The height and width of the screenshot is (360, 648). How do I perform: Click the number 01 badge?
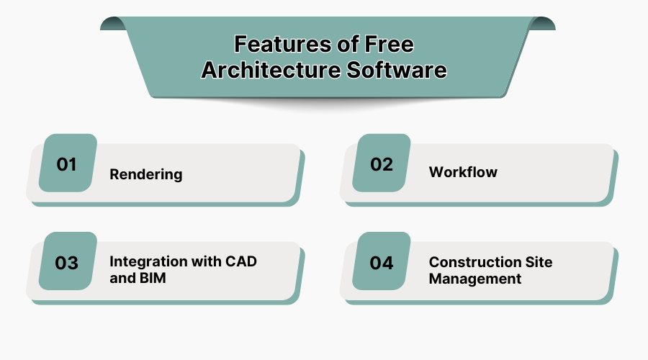pos(67,163)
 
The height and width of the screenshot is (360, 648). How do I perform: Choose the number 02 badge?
pos(382,163)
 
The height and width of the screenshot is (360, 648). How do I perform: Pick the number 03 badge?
pos(67,262)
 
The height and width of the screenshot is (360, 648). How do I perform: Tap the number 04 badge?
pos(382,262)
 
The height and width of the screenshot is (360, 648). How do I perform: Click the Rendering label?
pos(145,174)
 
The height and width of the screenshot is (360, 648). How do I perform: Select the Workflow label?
pos(463,172)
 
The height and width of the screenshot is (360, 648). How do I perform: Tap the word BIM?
pos(150,278)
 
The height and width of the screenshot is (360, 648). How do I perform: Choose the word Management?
pos(474,279)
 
